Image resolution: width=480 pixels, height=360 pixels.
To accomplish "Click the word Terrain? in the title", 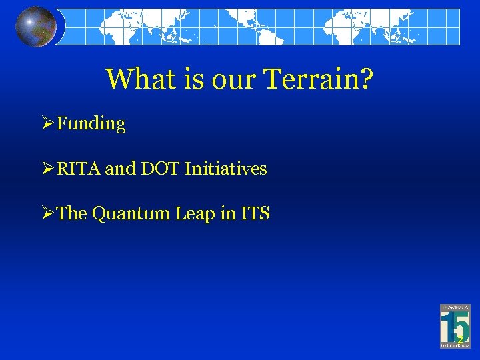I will point(319,79).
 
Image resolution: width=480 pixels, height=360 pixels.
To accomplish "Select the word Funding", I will point(91,124).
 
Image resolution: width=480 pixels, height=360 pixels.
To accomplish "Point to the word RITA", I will point(79,169).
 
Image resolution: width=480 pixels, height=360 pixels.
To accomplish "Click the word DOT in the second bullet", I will point(160,169).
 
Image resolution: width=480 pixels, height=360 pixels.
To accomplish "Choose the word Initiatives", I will point(225,169).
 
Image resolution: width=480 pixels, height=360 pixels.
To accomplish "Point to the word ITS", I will point(256,213).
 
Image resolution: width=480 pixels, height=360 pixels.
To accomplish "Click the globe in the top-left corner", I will point(36,26).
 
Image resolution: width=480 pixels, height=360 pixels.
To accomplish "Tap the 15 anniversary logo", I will point(455,325).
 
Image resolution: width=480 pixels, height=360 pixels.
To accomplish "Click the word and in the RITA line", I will point(120,169).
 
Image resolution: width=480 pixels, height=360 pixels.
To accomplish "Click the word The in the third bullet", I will point(72,213).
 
